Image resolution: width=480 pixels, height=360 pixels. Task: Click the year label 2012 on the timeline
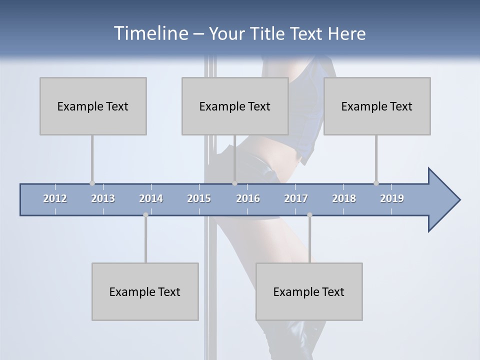[x=55, y=198]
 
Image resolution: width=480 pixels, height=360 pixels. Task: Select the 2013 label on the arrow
[x=103, y=198]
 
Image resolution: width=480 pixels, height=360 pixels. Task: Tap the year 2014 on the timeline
[x=151, y=198]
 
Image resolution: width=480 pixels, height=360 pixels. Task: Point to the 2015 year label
[x=199, y=198]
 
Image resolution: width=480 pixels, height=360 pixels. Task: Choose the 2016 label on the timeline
[x=248, y=198]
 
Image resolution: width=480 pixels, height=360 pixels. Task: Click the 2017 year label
[x=296, y=198]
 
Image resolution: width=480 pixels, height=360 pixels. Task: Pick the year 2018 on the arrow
[x=344, y=198]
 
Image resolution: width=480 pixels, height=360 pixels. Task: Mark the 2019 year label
[x=392, y=198]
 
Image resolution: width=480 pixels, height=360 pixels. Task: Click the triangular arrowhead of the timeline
[x=442, y=199]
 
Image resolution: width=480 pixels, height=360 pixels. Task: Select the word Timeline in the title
[x=150, y=33]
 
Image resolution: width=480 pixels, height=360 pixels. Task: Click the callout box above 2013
[x=93, y=106]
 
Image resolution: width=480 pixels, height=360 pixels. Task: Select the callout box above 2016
[x=235, y=106]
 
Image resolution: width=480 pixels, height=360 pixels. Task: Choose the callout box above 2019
[x=377, y=106]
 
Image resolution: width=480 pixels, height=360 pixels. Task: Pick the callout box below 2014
[x=145, y=291]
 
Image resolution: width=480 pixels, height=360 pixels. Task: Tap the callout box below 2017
[x=309, y=291]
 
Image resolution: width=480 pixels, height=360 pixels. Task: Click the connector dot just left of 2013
[x=92, y=183]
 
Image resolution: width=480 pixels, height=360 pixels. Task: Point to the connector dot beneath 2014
[x=145, y=215]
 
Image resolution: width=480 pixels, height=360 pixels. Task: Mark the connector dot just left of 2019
[x=376, y=183]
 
